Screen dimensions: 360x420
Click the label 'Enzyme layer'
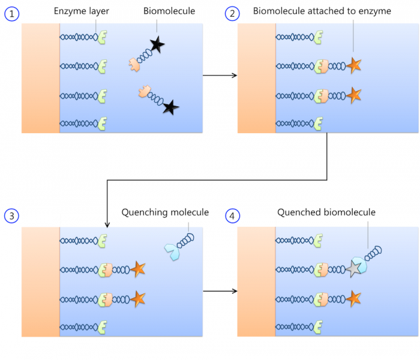click(82, 11)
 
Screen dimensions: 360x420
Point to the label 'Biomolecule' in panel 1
click(170, 11)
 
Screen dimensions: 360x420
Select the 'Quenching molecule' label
click(165, 212)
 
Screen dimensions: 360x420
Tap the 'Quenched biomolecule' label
click(326, 212)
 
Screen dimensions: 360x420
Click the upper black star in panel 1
click(157, 43)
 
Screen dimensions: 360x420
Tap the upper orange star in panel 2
click(354, 65)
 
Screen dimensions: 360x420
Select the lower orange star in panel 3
click(139, 298)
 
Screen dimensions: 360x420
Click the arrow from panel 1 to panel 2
click(220, 76)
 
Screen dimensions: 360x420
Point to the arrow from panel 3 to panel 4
click(220, 291)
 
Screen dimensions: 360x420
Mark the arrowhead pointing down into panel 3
click(106, 224)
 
